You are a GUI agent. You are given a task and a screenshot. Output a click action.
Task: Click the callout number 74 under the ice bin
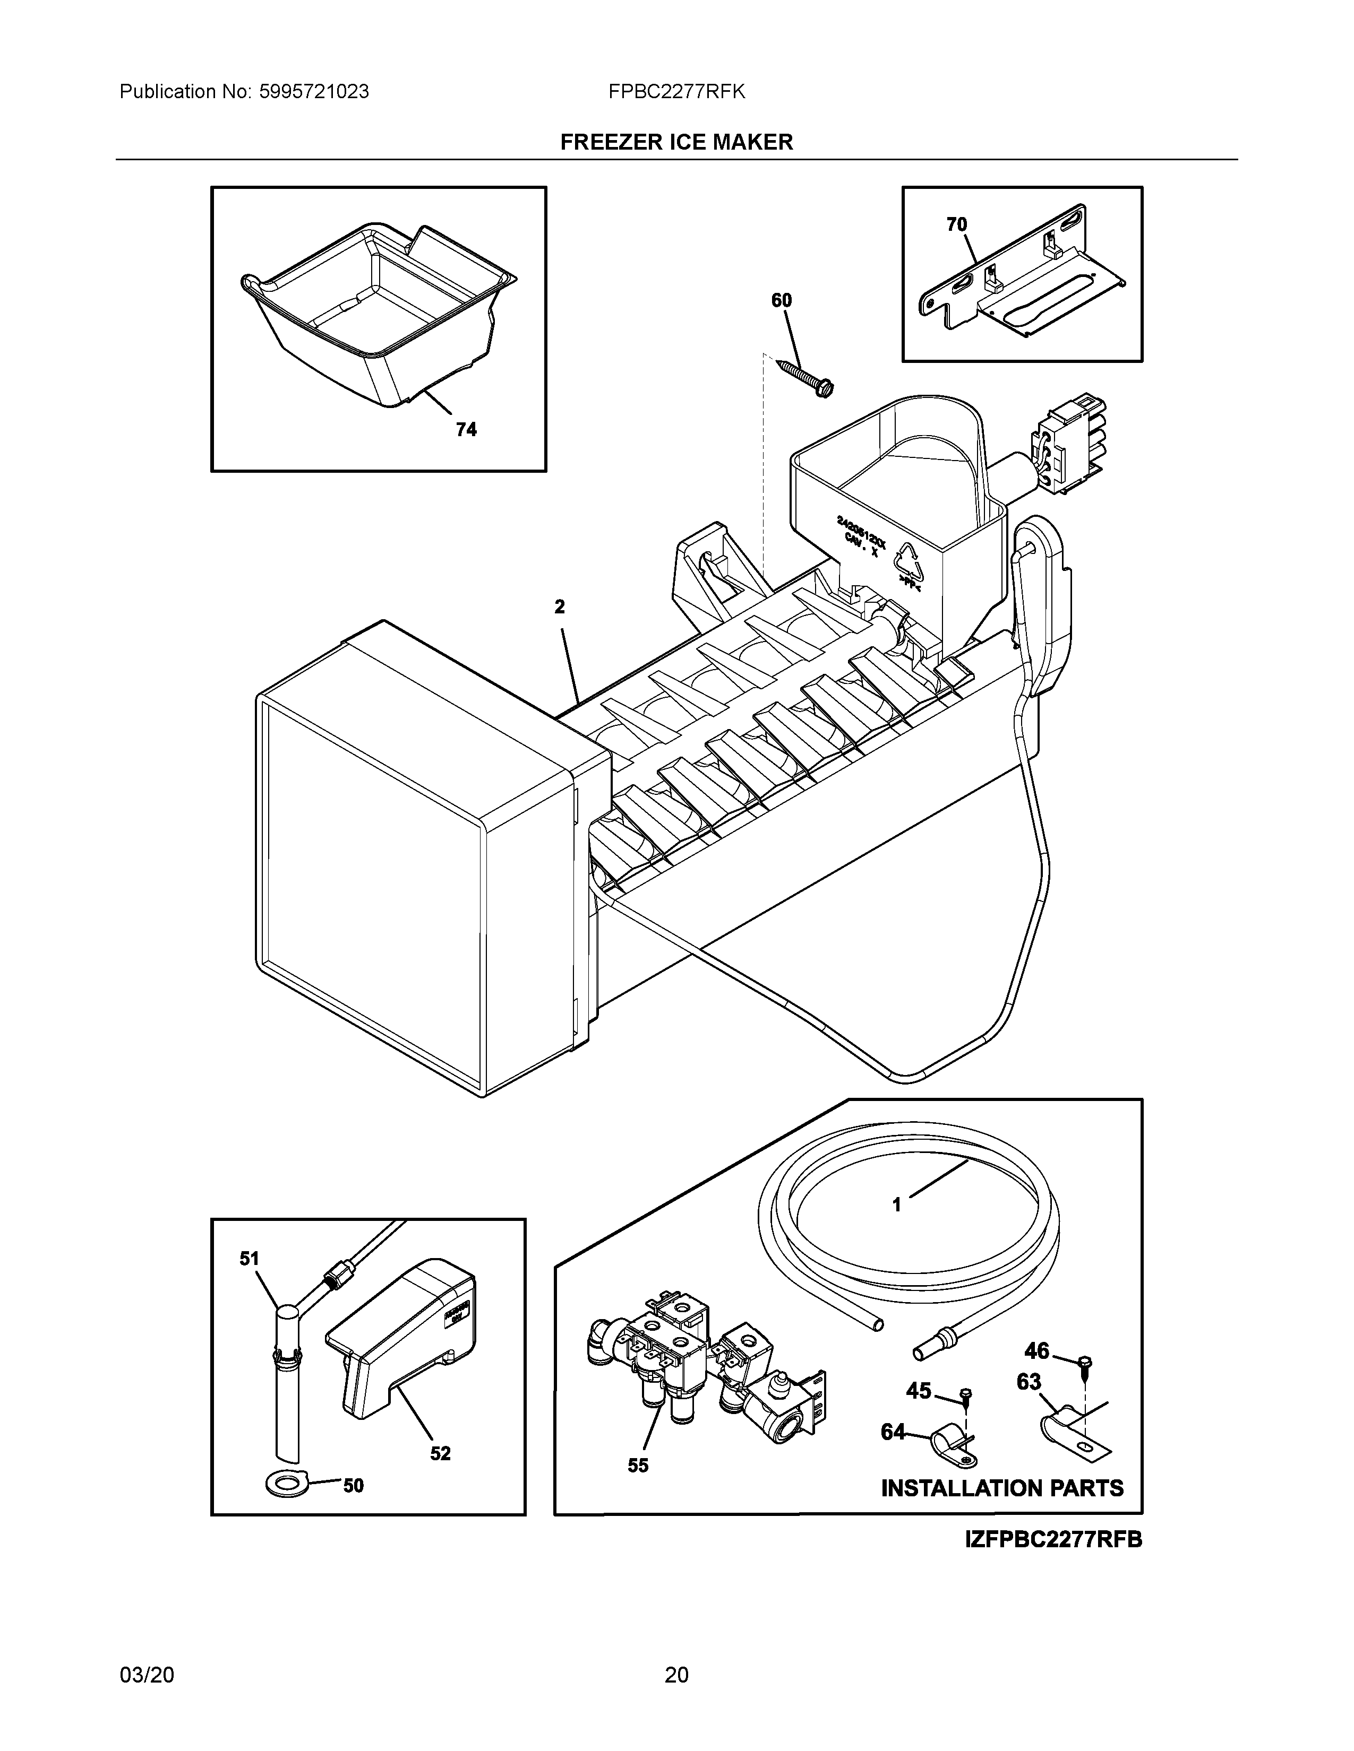point(466,430)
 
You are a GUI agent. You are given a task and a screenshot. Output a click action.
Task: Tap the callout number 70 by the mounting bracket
point(956,224)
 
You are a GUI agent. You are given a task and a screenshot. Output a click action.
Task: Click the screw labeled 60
point(805,376)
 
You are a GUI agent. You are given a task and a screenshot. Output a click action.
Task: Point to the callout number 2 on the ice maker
point(559,607)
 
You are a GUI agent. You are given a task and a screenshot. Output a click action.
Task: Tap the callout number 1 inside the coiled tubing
point(897,1227)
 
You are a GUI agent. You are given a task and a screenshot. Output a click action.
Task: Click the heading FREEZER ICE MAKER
point(676,142)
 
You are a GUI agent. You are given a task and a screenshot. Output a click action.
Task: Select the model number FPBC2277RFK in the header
point(676,92)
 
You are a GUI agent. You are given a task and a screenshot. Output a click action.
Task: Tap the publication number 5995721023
point(314,92)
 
